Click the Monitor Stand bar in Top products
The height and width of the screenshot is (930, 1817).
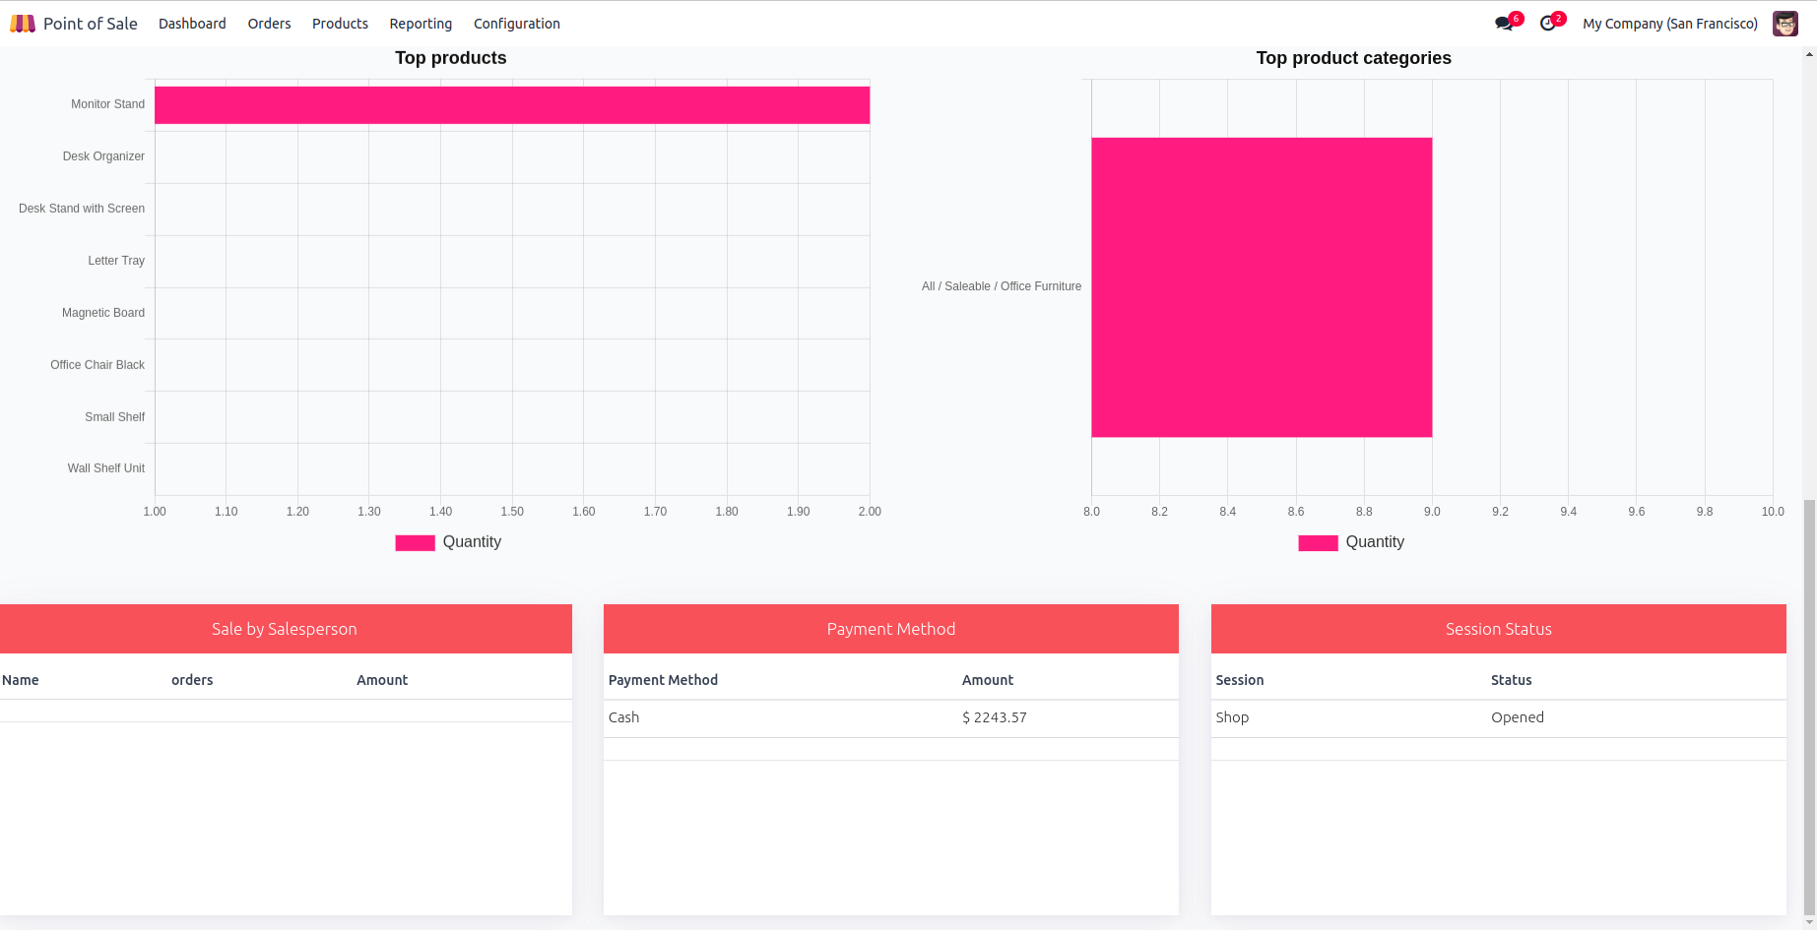point(512,105)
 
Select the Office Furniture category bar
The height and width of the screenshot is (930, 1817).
point(1262,287)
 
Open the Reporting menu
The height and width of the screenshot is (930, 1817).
point(421,24)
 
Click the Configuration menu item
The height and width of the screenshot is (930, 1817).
point(516,24)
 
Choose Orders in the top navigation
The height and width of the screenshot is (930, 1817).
point(269,24)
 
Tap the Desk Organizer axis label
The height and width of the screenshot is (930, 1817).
point(103,156)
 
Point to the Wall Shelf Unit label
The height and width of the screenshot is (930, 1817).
point(105,468)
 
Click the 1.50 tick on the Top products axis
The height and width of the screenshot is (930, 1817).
point(512,512)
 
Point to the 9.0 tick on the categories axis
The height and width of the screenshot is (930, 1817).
point(1432,512)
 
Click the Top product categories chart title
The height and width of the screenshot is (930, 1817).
point(1353,58)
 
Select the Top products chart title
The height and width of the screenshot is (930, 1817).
point(451,58)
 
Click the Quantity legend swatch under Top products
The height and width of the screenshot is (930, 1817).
point(415,543)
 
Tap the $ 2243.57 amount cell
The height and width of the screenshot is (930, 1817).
point(994,717)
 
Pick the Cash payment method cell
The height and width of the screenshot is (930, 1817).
point(624,717)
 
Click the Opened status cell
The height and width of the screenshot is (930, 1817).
point(1517,717)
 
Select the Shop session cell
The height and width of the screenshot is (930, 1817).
point(1232,717)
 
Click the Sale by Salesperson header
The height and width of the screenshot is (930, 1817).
point(285,629)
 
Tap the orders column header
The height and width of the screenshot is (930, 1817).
point(192,680)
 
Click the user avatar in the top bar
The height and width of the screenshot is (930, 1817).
point(1785,24)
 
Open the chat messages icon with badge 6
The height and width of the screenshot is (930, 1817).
point(1504,24)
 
